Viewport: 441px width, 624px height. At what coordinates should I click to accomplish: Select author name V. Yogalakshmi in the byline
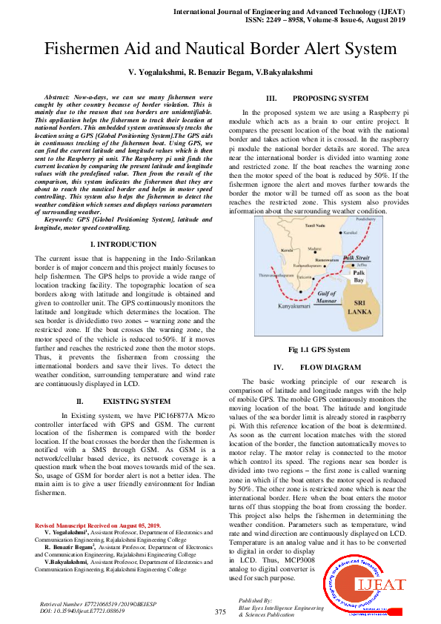point(156,73)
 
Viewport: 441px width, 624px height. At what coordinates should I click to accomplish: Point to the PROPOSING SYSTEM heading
point(330,99)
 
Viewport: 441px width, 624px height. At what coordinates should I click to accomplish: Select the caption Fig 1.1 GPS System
point(319,349)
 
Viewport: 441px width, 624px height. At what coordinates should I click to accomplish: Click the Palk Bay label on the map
point(359,276)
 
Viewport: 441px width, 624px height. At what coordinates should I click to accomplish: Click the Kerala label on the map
point(266,250)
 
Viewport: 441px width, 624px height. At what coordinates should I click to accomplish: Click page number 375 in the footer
point(220,612)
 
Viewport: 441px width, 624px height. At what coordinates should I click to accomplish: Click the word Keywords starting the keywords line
point(62,219)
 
